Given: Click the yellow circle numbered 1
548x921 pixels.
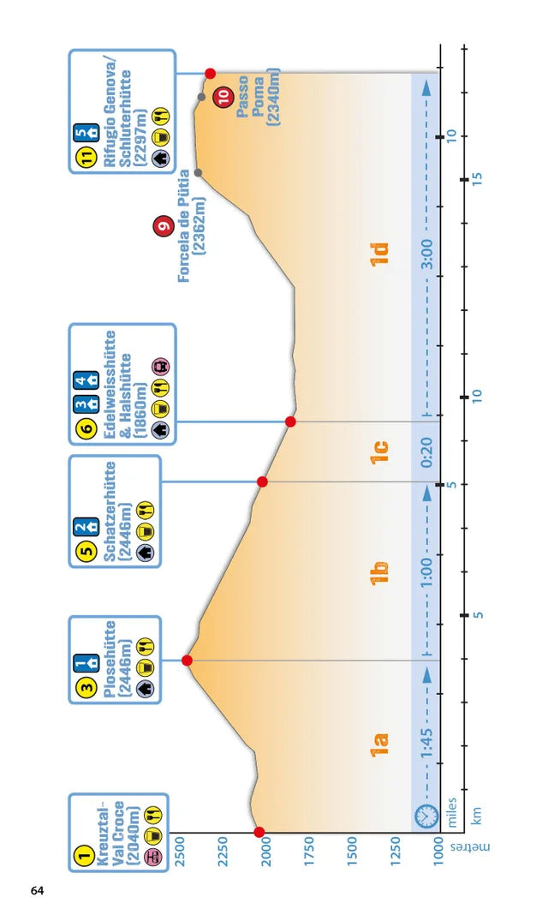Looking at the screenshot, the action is pos(85,855).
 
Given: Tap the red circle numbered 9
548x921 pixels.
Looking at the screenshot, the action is pos(164,225).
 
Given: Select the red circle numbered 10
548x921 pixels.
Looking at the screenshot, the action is pos(224,96).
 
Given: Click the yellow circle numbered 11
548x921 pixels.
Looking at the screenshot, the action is pos(86,157).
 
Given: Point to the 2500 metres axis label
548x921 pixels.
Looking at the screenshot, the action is pos(180,851).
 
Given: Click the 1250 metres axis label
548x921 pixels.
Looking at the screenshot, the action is pos(395,851).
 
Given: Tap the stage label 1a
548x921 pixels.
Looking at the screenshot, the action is pos(379,745).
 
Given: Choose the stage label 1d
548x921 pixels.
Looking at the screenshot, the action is pos(379,254).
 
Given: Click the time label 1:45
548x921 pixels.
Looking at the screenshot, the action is pos(427,743).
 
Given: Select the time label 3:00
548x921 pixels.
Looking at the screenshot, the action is pos(427,254).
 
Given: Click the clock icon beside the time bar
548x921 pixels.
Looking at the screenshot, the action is pos(426,816).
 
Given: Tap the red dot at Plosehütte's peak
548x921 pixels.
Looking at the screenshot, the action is pos(187,661).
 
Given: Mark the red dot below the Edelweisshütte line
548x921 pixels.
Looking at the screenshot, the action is pos(290,422).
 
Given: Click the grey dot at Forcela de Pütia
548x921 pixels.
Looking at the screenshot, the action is pos(199,173).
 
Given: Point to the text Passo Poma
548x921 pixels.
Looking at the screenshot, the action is pos(251,97).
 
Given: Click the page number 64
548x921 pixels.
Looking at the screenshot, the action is pos(37,890).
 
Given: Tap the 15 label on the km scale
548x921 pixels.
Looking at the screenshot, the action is pos(477,179).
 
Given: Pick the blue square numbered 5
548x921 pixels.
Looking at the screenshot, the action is pos(81,134).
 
